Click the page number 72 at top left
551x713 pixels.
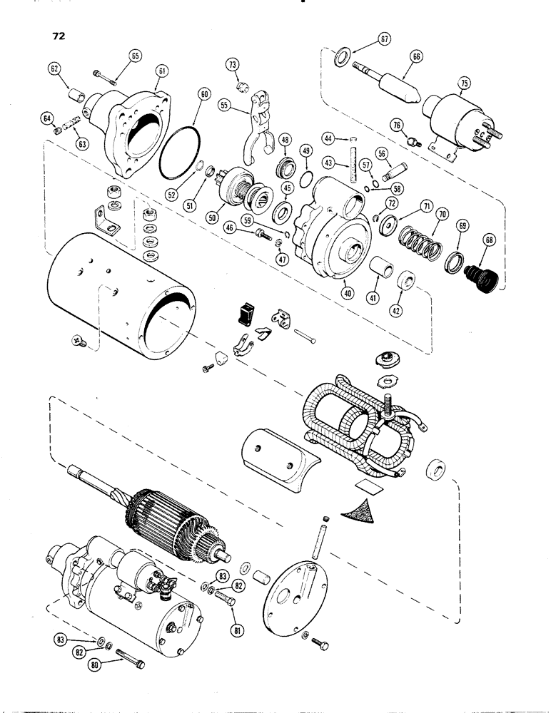58,34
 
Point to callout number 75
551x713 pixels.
464,84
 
